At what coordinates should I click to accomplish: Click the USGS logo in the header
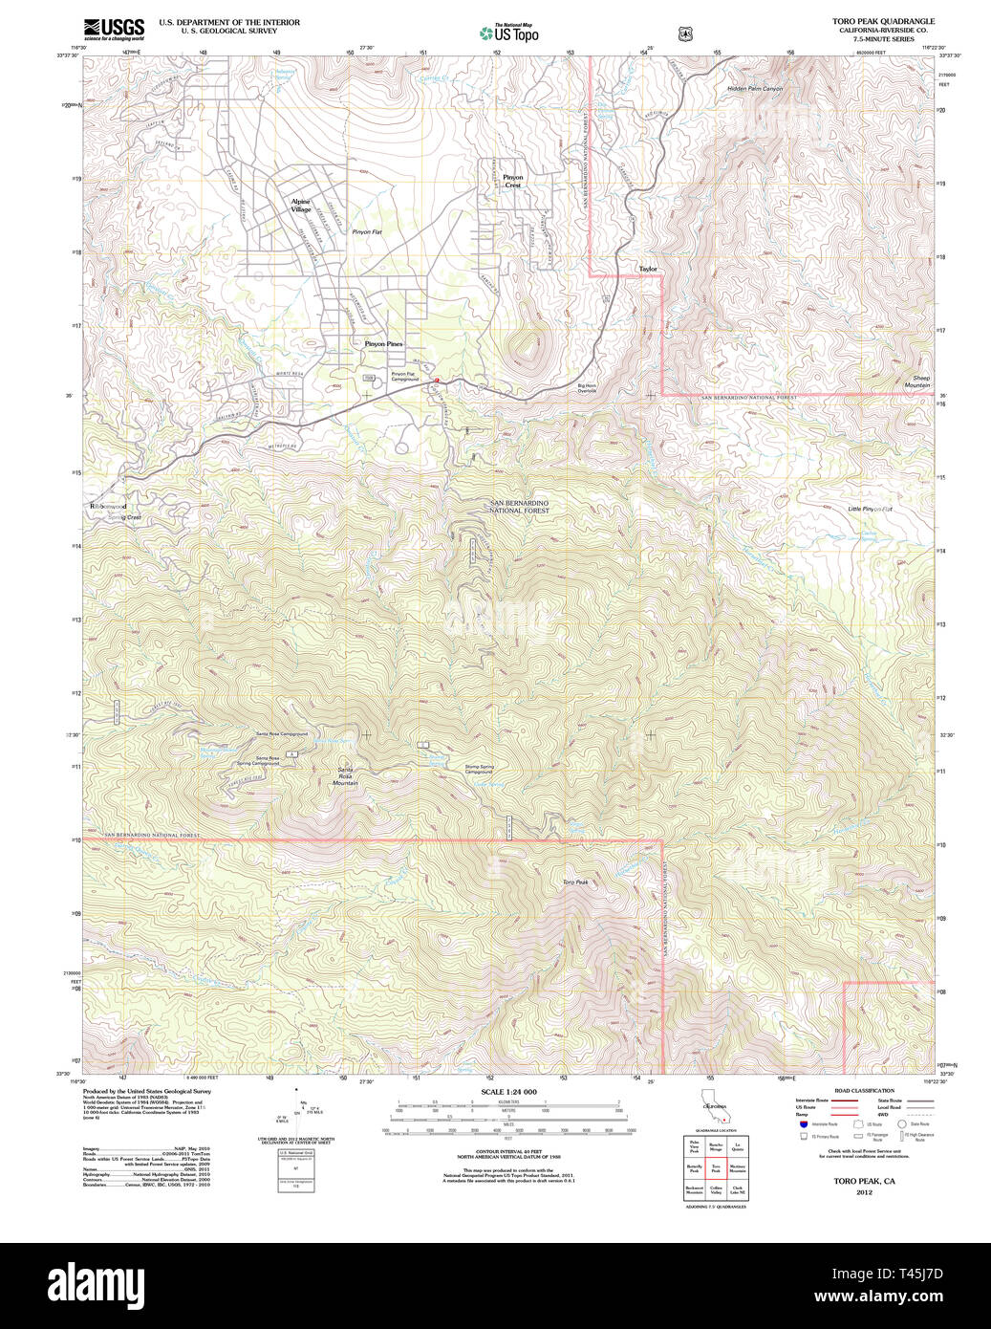pyautogui.click(x=114, y=28)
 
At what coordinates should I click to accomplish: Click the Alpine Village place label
pyautogui.click(x=301, y=206)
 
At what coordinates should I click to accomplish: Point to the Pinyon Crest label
pyautogui.click(x=513, y=181)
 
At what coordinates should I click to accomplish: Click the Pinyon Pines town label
pyautogui.click(x=383, y=343)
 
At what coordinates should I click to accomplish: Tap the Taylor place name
pyautogui.click(x=648, y=269)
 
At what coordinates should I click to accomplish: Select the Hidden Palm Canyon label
pyautogui.click(x=754, y=89)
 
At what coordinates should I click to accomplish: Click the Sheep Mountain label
pyautogui.click(x=918, y=381)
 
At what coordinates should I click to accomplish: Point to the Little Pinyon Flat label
pyautogui.click(x=870, y=509)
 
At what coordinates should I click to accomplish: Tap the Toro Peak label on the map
pyautogui.click(x=575, y=882)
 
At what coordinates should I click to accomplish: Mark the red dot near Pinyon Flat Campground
pyautogui.click(x=437, y=381)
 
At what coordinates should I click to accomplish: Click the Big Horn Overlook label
pyautogui.click(x=587, y=388)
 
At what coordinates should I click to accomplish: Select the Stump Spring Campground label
pyautogui.click(x=479, y=769)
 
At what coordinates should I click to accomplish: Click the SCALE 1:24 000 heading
pyautogui.click(x=508, y=1092)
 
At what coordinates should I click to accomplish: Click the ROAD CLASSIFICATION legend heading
pyautogui.click(x=863, y=1090)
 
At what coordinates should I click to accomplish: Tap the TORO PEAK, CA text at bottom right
pyautogui.click(x=864, y=1181)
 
